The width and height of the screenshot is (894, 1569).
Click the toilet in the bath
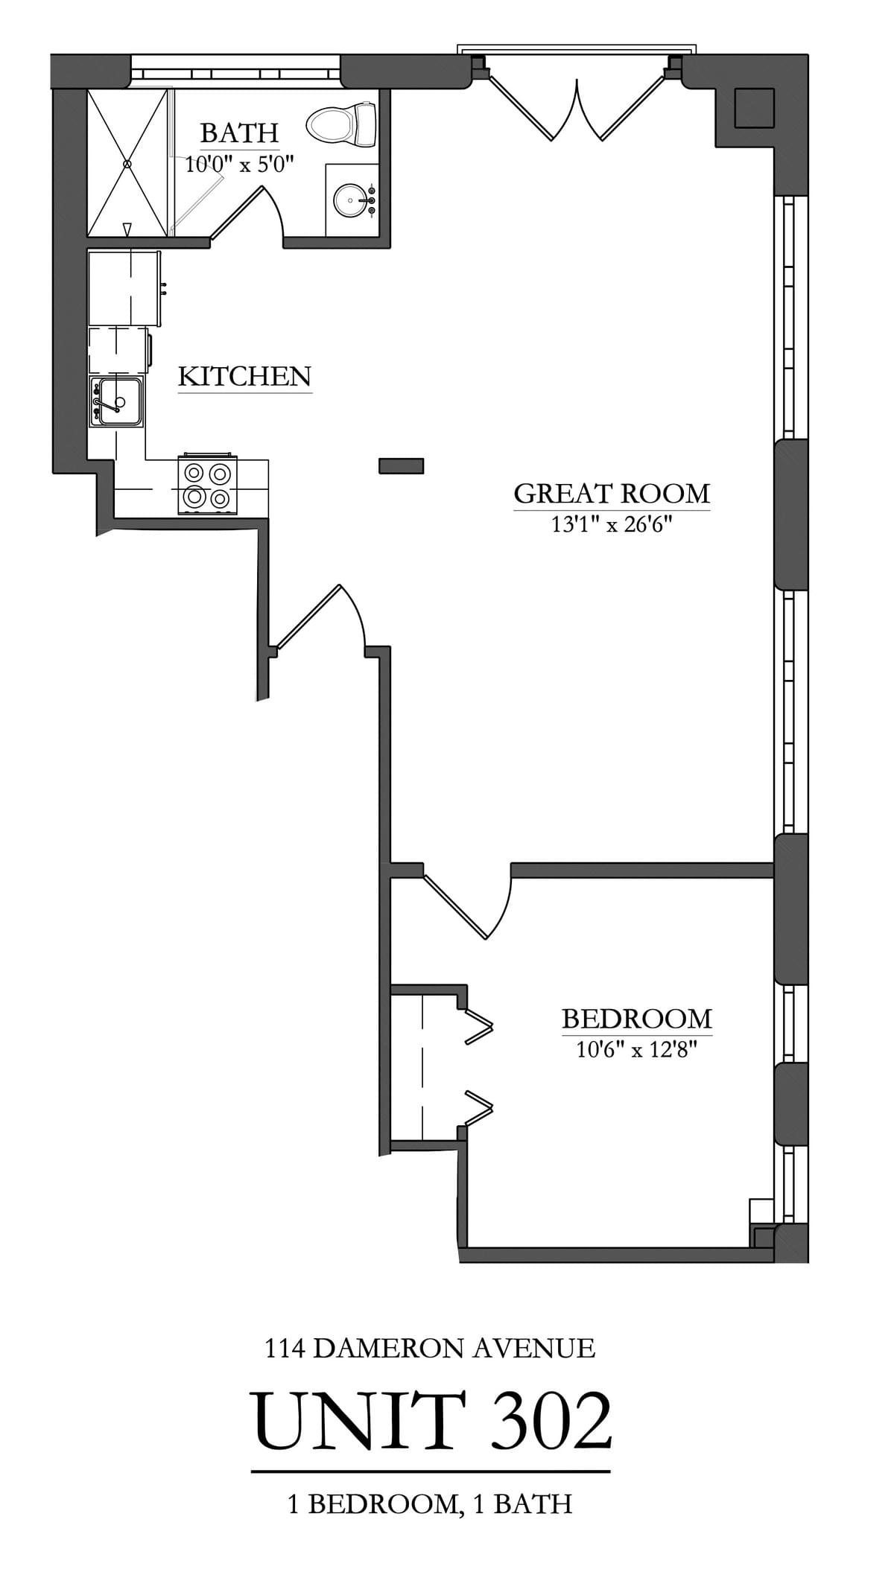coord(342,124)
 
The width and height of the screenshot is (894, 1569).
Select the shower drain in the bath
coord(128,162)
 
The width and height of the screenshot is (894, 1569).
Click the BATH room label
coord(239,133)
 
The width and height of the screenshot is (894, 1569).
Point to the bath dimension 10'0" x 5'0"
coord(239,165)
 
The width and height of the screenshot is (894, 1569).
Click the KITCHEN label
coord(244,376)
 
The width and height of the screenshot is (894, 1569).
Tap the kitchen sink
coord(117,401)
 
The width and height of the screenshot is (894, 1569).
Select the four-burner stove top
coord(207,485)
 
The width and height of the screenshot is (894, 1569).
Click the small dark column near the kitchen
coord(401,465)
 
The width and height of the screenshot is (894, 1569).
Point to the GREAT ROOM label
coord(611,493)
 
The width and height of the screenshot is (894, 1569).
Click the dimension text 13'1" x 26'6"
coord(611,525)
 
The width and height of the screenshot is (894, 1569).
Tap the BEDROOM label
coord(636,1018)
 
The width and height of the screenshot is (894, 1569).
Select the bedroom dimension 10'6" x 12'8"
coord(636,1050)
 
